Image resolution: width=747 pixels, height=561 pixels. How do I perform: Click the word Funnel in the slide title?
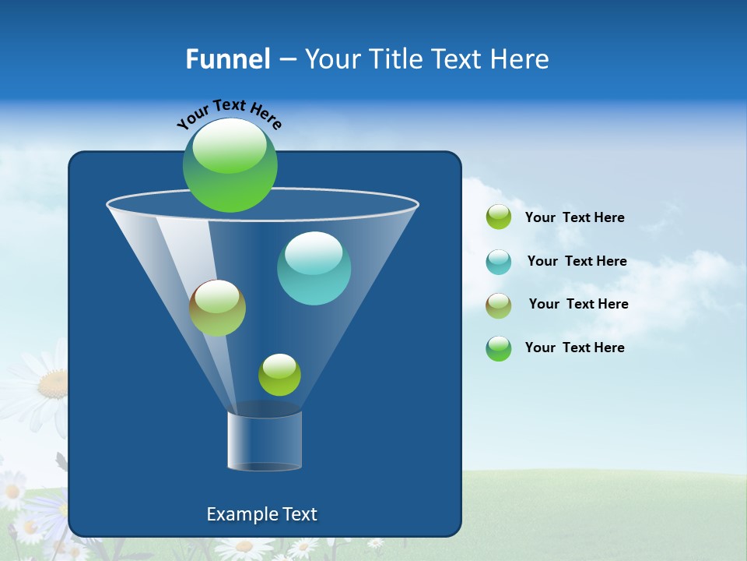[227, 59]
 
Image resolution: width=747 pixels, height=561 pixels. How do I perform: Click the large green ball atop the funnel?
[230, 164]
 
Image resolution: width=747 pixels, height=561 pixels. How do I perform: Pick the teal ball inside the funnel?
[314, 268]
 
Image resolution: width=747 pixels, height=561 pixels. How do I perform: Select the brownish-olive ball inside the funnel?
[217, 308]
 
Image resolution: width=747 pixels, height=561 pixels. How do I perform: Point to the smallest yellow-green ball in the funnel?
[279, 375]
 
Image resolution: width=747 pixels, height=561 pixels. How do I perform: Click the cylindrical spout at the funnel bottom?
[265, 440]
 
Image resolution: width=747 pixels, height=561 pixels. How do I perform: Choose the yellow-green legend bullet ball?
[499, 217]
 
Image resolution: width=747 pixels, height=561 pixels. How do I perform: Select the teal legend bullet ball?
[499, 262]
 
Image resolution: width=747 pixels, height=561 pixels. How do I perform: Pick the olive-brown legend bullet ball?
[499, 305]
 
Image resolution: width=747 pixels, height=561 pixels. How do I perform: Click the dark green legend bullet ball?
[499, 348]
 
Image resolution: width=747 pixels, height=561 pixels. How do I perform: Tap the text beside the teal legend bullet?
[577, 262]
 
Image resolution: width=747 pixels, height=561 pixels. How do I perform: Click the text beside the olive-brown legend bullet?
[578, 305]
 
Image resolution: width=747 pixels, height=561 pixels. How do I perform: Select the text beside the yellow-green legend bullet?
[574, 218]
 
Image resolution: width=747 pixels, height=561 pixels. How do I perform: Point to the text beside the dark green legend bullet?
[574, 348]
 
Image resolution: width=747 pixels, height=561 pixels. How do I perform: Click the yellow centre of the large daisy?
[53, 383]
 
